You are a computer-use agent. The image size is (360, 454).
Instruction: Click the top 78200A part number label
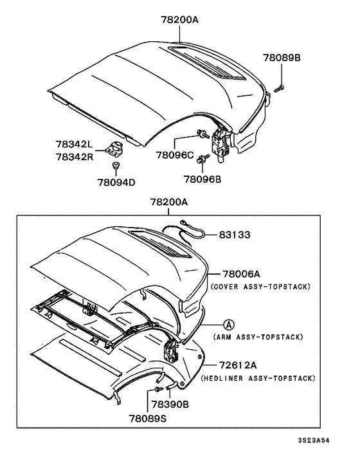click(175, 20)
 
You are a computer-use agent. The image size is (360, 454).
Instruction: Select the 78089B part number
click(281, 59)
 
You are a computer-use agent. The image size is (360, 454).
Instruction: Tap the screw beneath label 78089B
click(280, 87)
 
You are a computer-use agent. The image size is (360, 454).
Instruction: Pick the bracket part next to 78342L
click(116, 149)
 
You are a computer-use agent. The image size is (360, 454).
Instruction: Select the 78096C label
click(174, 155)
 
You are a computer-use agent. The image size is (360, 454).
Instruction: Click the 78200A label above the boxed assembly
click(168, 201)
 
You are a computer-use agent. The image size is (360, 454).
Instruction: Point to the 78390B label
click(170, 405)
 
